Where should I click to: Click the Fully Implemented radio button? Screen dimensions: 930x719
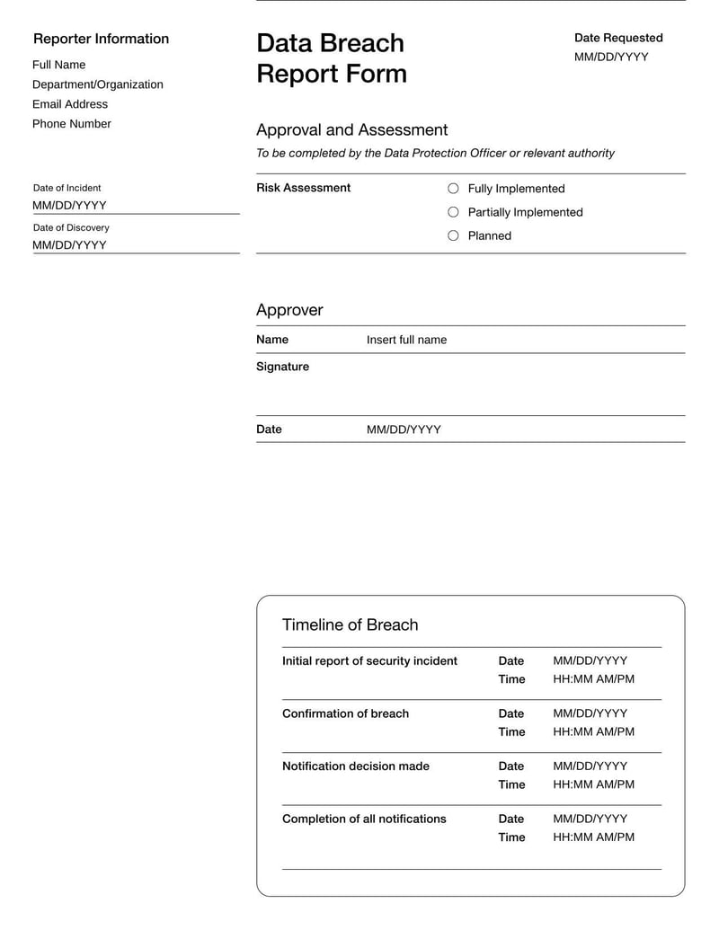click(453, 189)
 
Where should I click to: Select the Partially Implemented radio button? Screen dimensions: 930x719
click(453, 212)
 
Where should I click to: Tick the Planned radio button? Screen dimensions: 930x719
click(453, 235)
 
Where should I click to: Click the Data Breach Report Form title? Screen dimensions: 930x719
click(331, 58)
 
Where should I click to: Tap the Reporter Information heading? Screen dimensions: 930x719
click(101, 39)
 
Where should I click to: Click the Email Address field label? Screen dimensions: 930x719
click(70, 104)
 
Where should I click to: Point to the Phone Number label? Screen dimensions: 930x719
click(72, 124)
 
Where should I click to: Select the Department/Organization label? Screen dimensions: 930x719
click(98, 84)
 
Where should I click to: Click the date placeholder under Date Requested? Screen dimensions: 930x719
click(611, 58)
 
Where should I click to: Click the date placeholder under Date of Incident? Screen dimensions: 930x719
click(69, 205)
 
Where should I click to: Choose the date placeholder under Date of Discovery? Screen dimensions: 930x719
click(69, 244)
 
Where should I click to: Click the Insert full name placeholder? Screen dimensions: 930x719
click(406, 340)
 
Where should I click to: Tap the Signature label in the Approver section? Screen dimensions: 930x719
click(282, 367)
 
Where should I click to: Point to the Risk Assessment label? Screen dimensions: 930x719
click(303, 188)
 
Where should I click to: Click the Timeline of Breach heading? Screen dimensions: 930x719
click(350, 624)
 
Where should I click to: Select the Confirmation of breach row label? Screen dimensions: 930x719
click(345, 713)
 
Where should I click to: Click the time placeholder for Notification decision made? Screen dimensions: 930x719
click(593, 784)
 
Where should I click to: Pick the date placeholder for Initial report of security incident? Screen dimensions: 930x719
click(590, 660)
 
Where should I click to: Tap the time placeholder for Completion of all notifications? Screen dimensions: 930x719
click(593, 837)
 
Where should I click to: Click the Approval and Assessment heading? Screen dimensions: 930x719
click(351, 129)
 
